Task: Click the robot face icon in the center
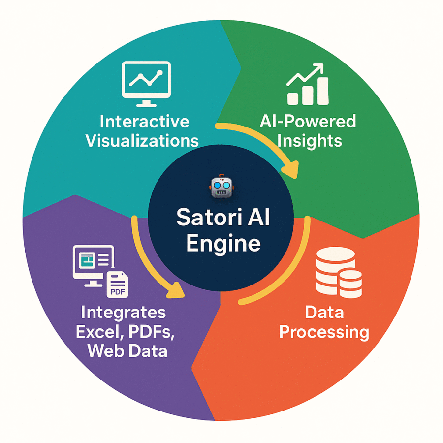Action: tap(221, 186)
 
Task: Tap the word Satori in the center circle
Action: tap(209, 218)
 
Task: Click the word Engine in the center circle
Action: tap(223, 243)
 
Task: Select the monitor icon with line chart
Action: tap(146, 84)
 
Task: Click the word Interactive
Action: tap(144, 122)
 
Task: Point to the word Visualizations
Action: tap(142, 140)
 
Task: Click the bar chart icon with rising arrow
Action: tap(307, 84)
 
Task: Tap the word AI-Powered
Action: tap(308, 122)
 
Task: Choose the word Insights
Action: tap(310, 141)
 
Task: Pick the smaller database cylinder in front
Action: tap(350, 284)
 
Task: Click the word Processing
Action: tap(324, 332)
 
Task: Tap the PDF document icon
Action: tap(117, 285)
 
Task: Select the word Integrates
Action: tap(123, 313)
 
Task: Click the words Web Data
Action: tap(127, 351)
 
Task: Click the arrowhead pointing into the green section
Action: tap(290, 169)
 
